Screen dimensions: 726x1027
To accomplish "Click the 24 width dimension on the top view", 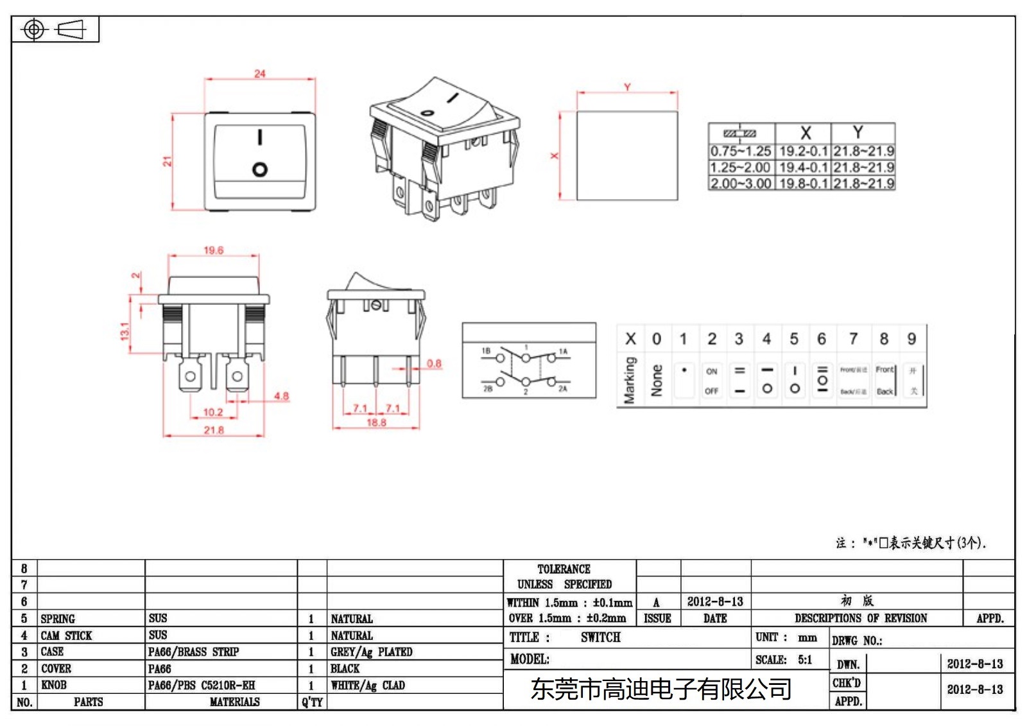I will pos(259,74).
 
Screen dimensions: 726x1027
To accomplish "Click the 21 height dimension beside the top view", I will pos(167,162).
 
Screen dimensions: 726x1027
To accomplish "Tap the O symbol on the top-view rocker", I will pos(260,169).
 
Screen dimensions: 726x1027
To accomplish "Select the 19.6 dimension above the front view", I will pos(213,250).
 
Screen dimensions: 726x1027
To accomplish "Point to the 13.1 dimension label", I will pos(125,331).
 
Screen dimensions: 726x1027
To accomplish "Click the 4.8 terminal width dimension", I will pos(281,396).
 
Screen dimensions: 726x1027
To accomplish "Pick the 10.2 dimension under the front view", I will pos(212,412).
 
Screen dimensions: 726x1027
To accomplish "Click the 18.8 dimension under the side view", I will pos(376,422).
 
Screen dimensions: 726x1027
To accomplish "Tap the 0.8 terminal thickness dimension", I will pos(434,363).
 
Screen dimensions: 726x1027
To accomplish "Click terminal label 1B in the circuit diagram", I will pos(486,351).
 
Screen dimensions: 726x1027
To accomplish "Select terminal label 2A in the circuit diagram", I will pos(562,388).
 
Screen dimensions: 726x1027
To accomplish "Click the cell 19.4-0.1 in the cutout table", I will pos(803,168).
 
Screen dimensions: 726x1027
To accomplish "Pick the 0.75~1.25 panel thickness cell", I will pos(740,151).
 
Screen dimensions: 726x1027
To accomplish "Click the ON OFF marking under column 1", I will pos(711,381).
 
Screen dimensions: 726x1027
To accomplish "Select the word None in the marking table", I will pos(657,380).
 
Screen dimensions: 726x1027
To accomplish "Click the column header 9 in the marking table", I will pos(911,339).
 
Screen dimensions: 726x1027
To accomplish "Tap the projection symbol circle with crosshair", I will pos(34,30).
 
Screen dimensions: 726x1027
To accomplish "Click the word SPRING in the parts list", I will pos(58,619).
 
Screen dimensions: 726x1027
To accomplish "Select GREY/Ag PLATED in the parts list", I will pos(371,652).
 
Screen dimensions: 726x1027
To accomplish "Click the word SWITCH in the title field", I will pos(600,637).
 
